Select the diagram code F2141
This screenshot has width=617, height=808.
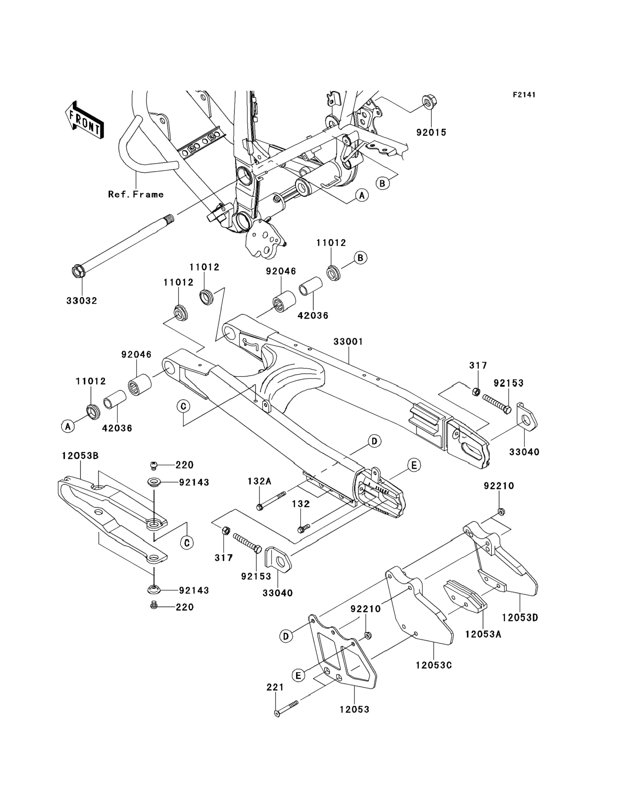tap(524, 95)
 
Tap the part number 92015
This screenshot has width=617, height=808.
tap(431, 132)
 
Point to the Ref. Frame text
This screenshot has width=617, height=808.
tap(136, 194)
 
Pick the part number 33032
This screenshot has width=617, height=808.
tap(81, 301)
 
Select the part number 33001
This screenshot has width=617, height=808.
tap(348, 342)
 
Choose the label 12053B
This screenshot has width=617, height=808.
tap(80, 456)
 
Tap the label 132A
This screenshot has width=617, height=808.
tap(259, 481)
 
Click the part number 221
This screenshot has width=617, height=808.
tap(275, 687)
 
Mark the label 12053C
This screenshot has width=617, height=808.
tap(434, 665)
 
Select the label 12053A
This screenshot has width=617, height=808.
tap(483, 634)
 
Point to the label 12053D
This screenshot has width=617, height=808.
tap(520, 618)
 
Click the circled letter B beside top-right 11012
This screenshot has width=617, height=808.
tap(360, 258)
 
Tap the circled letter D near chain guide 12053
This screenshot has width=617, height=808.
tap(286, 636)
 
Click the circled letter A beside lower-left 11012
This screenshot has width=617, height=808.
tap(68, 426)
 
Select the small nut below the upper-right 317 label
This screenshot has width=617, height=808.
tap(475, 391)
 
